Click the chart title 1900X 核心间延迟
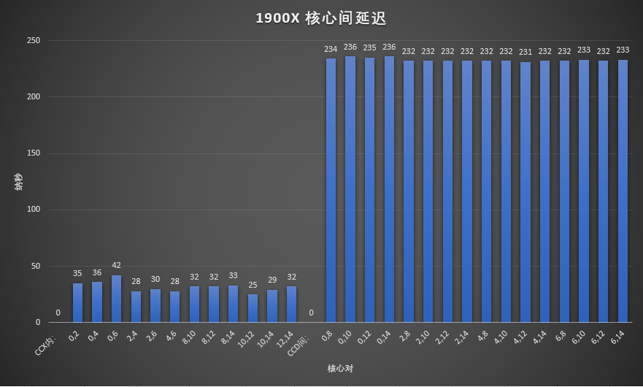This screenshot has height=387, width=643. click(x=321, y=18)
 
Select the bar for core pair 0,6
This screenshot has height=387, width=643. click(x=116, y=299)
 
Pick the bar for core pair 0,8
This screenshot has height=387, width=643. click(x=331, y=190)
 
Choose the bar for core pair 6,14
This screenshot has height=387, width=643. click(x=623, y=191)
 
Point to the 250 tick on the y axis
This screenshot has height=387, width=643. click(x=33, y=41)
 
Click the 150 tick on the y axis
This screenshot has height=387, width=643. click(x=33, y=153)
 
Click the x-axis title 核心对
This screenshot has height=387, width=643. click(x=340, y=368)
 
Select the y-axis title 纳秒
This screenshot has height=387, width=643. click(x=18, y=182)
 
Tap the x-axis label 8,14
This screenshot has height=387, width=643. click(x=229, y=337)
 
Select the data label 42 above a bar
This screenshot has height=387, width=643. click(x=116, y=265)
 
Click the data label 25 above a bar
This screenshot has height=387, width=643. click(x=253, y=285)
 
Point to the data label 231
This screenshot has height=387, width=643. click(x=525, y=52)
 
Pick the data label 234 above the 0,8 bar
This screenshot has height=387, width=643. click(x=331, y=49)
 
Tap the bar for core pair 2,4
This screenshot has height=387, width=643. click(x=136, y=307)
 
